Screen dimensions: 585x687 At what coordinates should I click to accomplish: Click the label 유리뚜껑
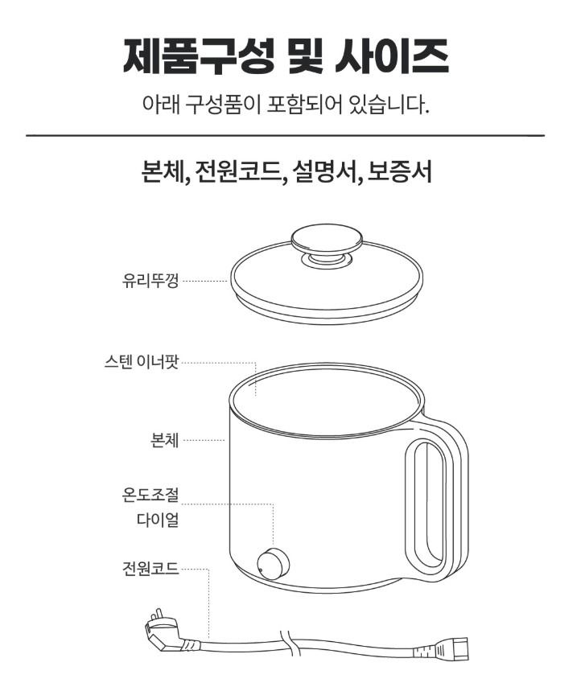click(x=150, y=281)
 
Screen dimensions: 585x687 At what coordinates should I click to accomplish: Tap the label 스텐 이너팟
click(x=142, y=362)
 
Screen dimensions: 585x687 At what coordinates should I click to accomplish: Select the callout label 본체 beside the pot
click(x=165, y=440)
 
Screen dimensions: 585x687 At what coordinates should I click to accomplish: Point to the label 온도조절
click(x=150, y=495)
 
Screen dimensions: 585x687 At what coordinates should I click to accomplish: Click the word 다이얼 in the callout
click(x=158, y=520)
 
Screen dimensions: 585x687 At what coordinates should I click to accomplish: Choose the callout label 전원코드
click(x=150, y=568)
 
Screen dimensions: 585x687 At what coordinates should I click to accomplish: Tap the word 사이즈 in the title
click(x=392, y=56)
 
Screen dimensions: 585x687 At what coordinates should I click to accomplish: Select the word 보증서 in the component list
click(x=399, y=172)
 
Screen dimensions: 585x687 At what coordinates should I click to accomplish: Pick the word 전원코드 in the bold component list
click(x=239, y=172)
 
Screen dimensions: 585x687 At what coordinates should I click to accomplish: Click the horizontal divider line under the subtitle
click(x=286, y=135)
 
